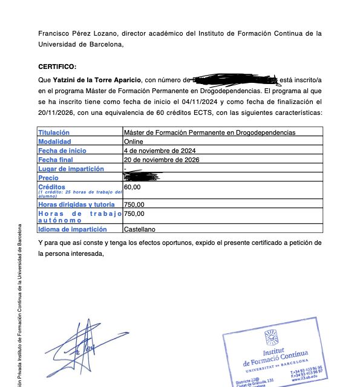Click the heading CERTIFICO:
click(57, 66)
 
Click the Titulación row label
click(54, 132)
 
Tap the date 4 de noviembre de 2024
click(159, 151)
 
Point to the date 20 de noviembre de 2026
click(161, 160)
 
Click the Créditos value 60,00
click(132, 187)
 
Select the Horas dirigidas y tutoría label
click(76, 205)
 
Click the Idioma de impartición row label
click(72, 230)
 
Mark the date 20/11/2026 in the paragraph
click(54, 113)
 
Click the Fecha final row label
click(56, 160)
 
